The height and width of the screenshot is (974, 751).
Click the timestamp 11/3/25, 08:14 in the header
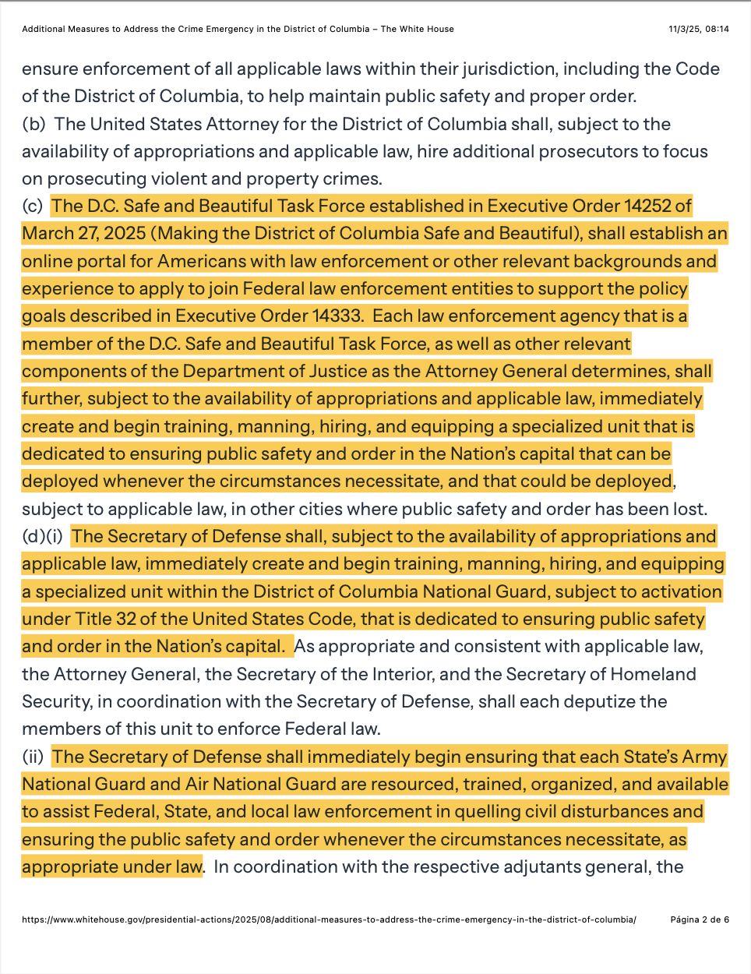click(x=698, y=29)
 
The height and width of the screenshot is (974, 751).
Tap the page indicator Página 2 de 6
click(x=700, y=919)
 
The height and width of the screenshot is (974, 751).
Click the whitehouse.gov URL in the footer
click(x=329, y=919)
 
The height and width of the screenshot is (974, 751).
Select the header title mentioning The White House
click(x=238, y=29)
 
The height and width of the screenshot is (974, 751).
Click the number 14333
click(x=337, y=316)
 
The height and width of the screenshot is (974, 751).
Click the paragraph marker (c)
click(x=33, y=206)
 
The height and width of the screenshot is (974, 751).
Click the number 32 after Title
click(x=128, y=619)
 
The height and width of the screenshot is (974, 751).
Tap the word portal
click(x=97, y=261)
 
